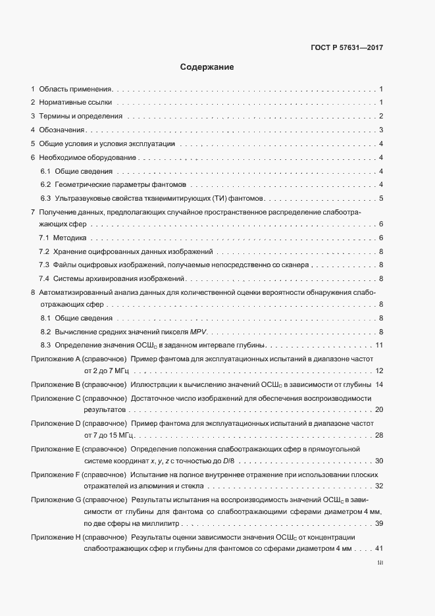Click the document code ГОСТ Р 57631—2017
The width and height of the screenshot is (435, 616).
(346, 47)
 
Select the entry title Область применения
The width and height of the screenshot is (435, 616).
(76, 88)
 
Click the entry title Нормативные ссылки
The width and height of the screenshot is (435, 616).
(76, 102)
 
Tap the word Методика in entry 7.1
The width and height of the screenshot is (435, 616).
(69, 238)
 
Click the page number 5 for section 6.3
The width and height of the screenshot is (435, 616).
(381, 198)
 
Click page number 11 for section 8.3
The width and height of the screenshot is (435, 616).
(379, 345)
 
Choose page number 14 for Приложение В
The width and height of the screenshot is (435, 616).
(379, 384)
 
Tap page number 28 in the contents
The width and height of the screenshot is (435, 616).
(379, 435)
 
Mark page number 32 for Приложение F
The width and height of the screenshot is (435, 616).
(379, 486)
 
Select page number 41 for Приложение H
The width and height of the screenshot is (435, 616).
(379, 549)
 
